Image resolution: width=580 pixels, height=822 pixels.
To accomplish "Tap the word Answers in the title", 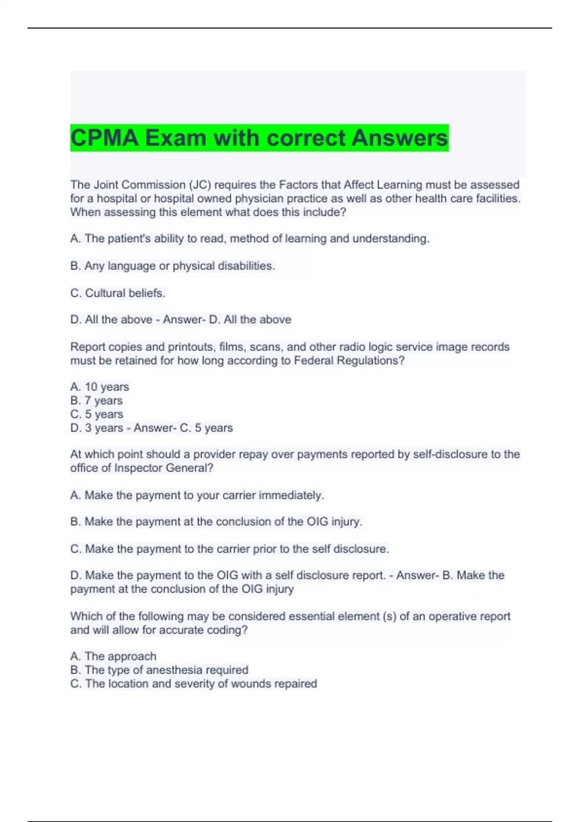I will [399, 138].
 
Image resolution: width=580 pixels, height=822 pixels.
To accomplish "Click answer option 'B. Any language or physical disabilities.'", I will [173, 266].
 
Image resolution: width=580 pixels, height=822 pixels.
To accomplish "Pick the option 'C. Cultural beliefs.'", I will [118, 293].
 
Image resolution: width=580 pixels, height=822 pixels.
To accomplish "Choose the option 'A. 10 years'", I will [100, 387].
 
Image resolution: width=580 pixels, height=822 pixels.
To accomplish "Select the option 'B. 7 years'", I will [97, 400].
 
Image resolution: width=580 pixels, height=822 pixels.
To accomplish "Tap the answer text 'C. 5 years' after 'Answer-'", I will [206, 428].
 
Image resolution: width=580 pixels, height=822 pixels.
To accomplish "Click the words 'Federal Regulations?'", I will [349, 361].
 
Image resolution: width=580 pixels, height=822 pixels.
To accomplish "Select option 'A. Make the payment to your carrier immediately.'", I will [197, 495].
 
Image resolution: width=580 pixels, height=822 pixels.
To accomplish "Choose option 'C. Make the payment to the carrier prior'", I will [230, 549].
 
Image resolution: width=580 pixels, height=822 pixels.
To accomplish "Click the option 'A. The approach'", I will [113, 656].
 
